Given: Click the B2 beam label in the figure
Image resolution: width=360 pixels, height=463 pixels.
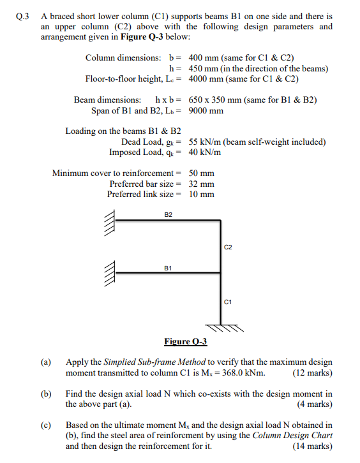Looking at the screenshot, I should (x=168, y=215).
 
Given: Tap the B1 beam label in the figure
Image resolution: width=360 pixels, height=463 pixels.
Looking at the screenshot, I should (x=168, y=268).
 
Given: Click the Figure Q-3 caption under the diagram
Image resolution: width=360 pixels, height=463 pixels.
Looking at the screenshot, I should (x=185, y=342).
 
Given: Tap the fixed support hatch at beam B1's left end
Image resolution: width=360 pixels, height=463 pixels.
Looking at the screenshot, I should (x=109, y=274).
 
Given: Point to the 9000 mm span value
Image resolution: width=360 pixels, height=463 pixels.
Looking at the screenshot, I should (x=207, y=110).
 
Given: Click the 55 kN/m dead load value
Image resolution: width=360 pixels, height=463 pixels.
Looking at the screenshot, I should (x=204, y=142).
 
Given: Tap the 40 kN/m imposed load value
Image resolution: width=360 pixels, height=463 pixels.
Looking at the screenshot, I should (x=205, y=152).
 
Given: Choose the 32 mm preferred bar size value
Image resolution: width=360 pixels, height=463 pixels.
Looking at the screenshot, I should (x=202, y=184).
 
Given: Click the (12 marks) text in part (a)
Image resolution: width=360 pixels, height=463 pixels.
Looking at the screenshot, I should (x=311, y=373).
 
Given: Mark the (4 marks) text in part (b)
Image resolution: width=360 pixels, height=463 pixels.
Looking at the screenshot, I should (x=315, y=404).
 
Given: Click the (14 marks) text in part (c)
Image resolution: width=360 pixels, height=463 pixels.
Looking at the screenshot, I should (x=312, y=446).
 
